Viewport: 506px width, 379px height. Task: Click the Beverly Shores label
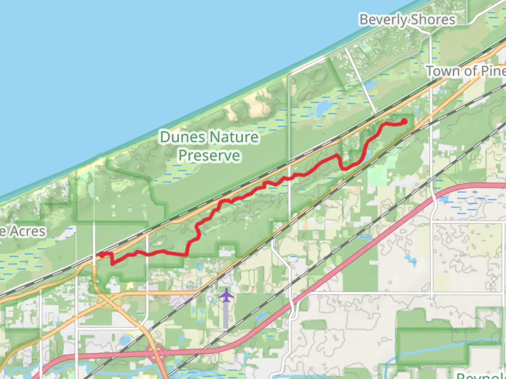click(x=407, y=19)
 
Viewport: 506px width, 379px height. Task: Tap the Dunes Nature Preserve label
click(x=209, y=146)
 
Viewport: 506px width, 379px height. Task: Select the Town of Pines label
click(x=466, y=71)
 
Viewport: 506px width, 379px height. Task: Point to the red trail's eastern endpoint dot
click(x=404, y=121)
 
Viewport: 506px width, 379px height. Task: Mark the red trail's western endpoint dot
click(x=102, y=254)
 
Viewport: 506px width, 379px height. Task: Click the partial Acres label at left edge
click(x=23, y=231)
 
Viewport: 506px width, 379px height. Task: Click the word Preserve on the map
click(x=209, y=155)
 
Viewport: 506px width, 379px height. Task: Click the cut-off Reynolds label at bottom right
click(x=481, y=375)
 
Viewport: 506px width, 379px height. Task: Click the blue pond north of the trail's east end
click(x=323, y=108)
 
